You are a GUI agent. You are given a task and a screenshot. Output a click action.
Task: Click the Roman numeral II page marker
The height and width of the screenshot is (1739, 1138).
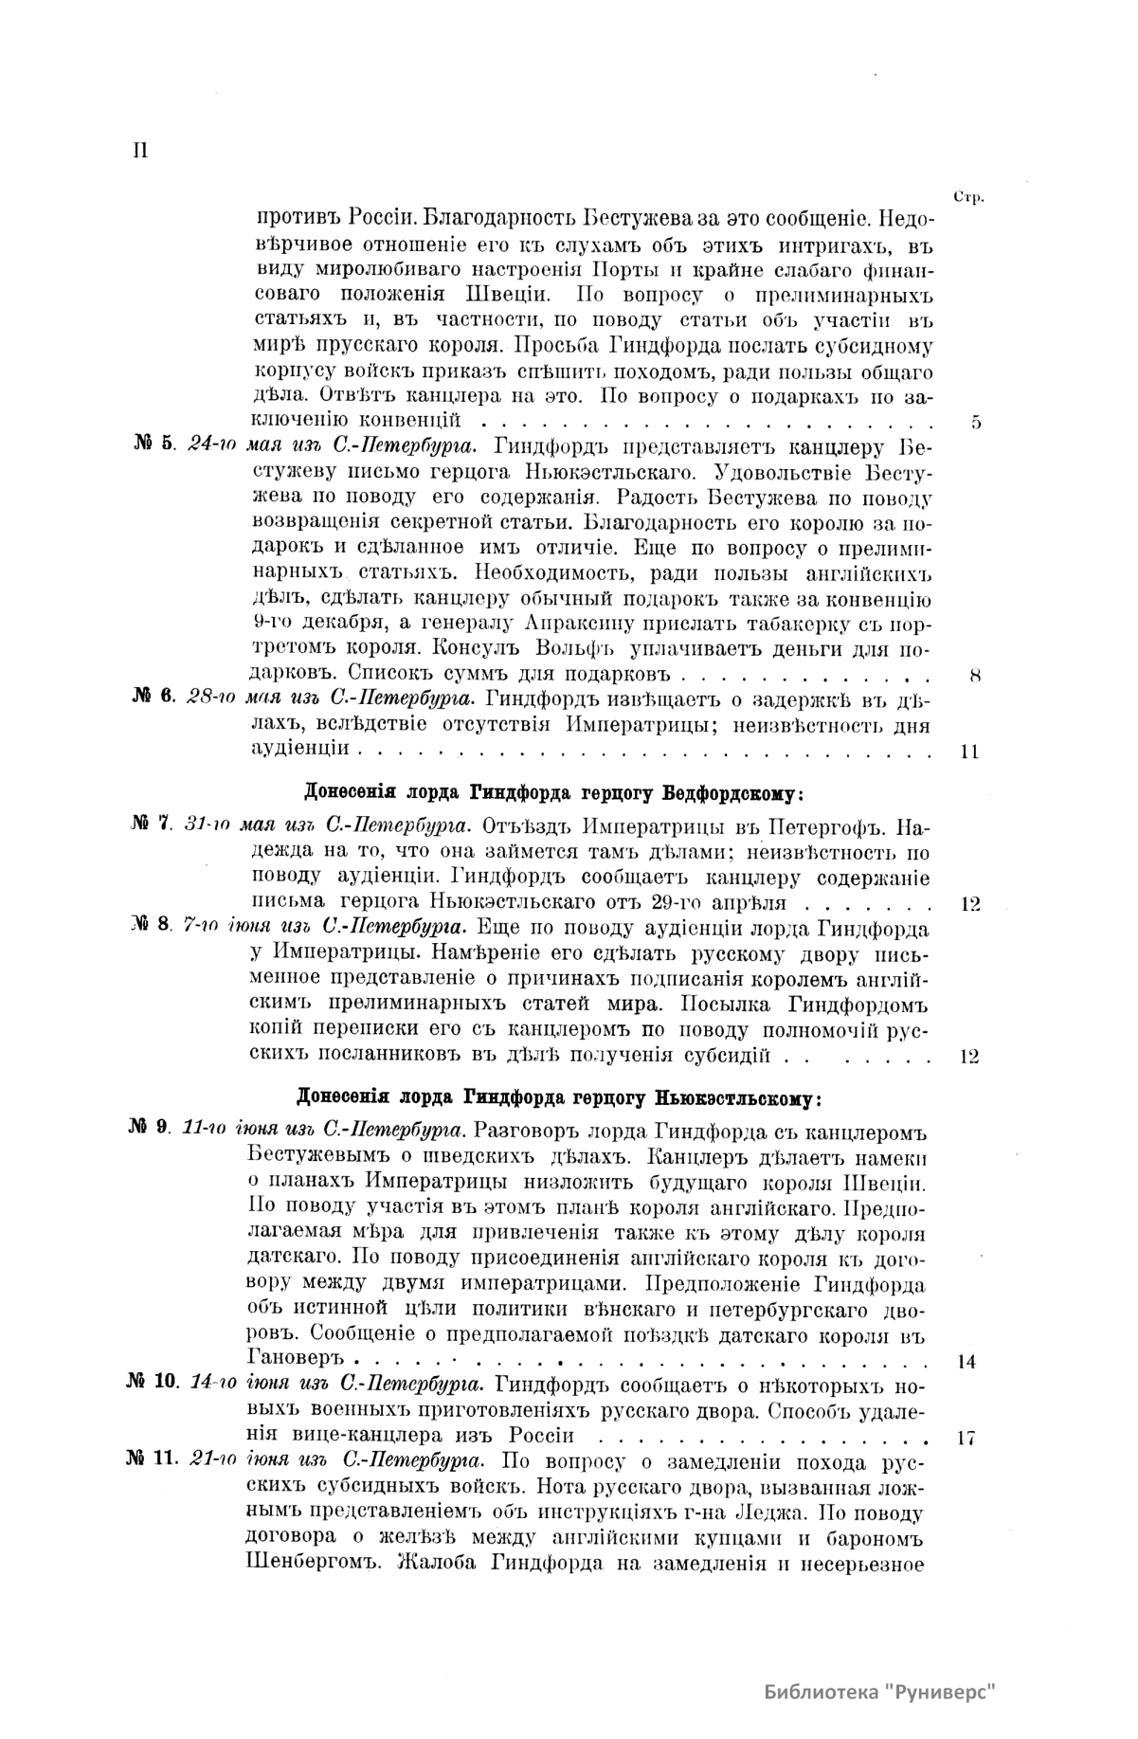pyautogui.click(x=140, y=151)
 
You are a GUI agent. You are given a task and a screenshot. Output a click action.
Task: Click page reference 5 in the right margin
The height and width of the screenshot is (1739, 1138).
pyautogui.click(x=976, y=423)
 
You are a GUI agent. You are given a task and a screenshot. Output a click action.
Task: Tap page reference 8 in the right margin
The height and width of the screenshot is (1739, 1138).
pyautogui.click(x=976, y=676)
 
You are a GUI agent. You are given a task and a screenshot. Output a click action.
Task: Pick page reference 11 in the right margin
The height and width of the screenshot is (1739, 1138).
pyautogui.click(x=969, y=752)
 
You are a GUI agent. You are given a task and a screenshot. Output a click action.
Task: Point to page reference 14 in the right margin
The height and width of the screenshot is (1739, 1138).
pyautogui.click(x=967, y=1362)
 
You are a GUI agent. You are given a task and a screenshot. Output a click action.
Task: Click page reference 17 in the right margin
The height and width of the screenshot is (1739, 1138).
pyautogui.click(x=966, y=1438)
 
